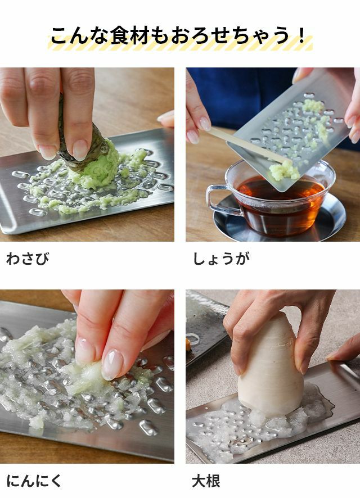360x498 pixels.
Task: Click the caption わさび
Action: pos(28,258)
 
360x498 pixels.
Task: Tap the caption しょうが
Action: pos(221,258)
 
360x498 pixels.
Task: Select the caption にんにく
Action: pos(33,481)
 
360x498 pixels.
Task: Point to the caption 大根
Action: pos(206,481)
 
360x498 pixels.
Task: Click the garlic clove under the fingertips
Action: pos(86,377)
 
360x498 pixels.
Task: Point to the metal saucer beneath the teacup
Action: pos(280,223)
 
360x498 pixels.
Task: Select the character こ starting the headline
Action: pos(61,35)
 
